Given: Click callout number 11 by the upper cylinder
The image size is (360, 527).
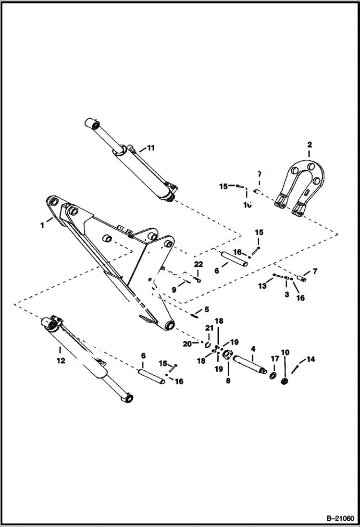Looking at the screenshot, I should [150, 148].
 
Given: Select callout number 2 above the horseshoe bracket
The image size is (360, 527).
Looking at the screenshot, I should [310, 144].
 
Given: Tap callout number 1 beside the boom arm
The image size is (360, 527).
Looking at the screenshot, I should [42, 224].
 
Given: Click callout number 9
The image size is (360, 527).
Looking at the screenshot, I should [174, 290].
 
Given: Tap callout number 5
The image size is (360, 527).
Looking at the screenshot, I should [207, 309].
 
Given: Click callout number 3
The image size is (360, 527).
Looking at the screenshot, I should [286, 294].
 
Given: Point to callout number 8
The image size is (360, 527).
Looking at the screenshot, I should [228, 380].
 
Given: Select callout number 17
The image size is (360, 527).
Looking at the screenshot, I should [274, 358].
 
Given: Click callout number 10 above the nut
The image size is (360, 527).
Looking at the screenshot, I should [285, 353].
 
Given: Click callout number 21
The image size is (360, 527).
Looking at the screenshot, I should [208, 328].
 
